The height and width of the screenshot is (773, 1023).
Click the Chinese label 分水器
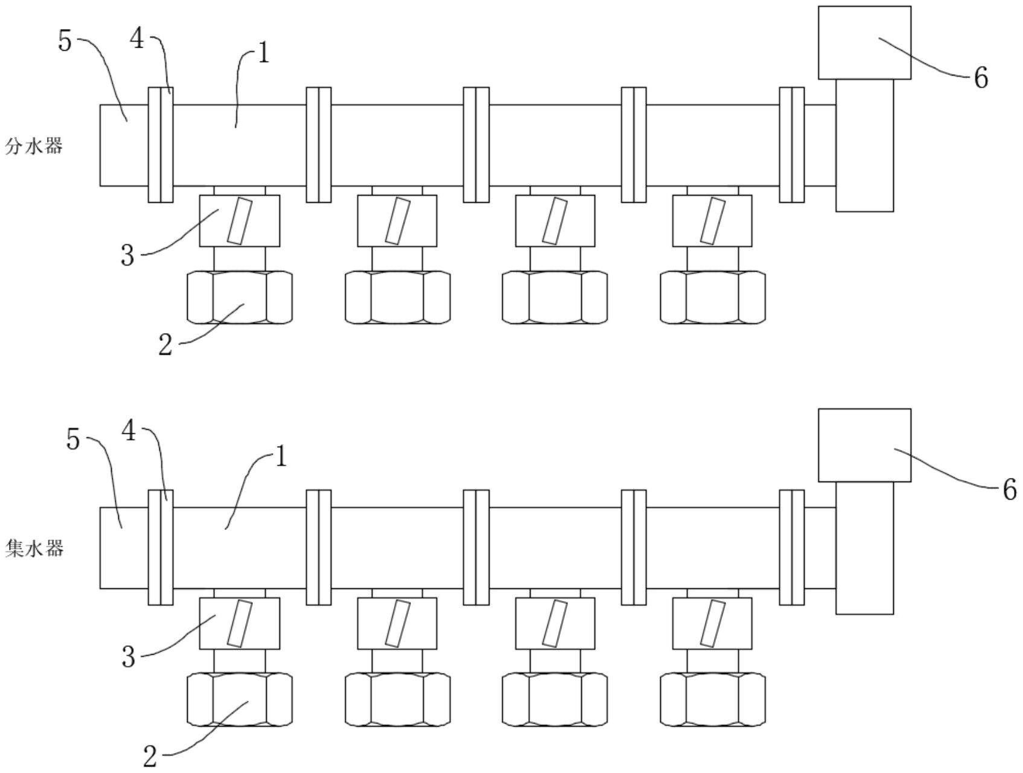point(34,146)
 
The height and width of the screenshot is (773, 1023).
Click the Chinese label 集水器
point(34,549)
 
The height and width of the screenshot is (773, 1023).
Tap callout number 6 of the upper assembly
point(981,78)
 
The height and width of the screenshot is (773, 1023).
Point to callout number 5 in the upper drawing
point(65,41)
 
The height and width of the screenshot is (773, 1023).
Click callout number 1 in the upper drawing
point(263,54)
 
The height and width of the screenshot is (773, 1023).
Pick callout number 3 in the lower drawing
point(128,657)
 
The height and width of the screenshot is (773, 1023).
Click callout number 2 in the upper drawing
point(165,345)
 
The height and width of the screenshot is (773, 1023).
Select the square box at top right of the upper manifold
point(864,42)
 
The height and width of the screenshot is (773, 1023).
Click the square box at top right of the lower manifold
point(864,445)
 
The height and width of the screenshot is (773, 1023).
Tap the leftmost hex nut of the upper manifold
point(240,297)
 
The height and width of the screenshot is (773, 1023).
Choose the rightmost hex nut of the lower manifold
point(712,699)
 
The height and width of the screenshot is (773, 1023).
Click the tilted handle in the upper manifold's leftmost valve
point(240,221)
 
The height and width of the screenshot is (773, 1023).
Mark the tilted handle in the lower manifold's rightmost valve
point(713,623)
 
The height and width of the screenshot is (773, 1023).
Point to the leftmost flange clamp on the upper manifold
point(161,145)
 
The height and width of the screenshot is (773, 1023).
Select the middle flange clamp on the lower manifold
point(476,547)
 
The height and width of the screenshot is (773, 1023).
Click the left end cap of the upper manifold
point(124,145)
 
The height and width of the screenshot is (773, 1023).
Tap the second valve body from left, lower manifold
point(397,623)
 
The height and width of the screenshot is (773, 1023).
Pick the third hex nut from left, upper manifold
point(555,297)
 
